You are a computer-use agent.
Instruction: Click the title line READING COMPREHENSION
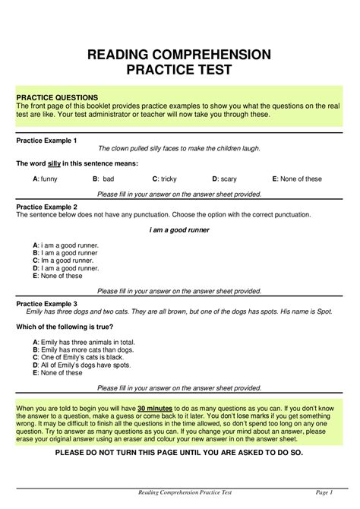[x=179, y=54]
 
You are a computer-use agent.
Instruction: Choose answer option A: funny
[x=46, y=179]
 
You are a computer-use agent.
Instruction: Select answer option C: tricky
[x=164, y=179]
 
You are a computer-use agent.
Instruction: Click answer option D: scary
[x=226, y=179]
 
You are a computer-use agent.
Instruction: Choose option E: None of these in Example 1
[x=297, y=179]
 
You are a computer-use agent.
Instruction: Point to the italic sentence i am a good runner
[x=179, y=229]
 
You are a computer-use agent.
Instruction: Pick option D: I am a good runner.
[x=66, y=268]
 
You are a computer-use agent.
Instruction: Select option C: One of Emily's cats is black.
[x=78, y=358]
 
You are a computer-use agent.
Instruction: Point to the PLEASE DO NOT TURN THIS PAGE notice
[x=179, y=452]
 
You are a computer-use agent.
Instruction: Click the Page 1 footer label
[x=326, y=493]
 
